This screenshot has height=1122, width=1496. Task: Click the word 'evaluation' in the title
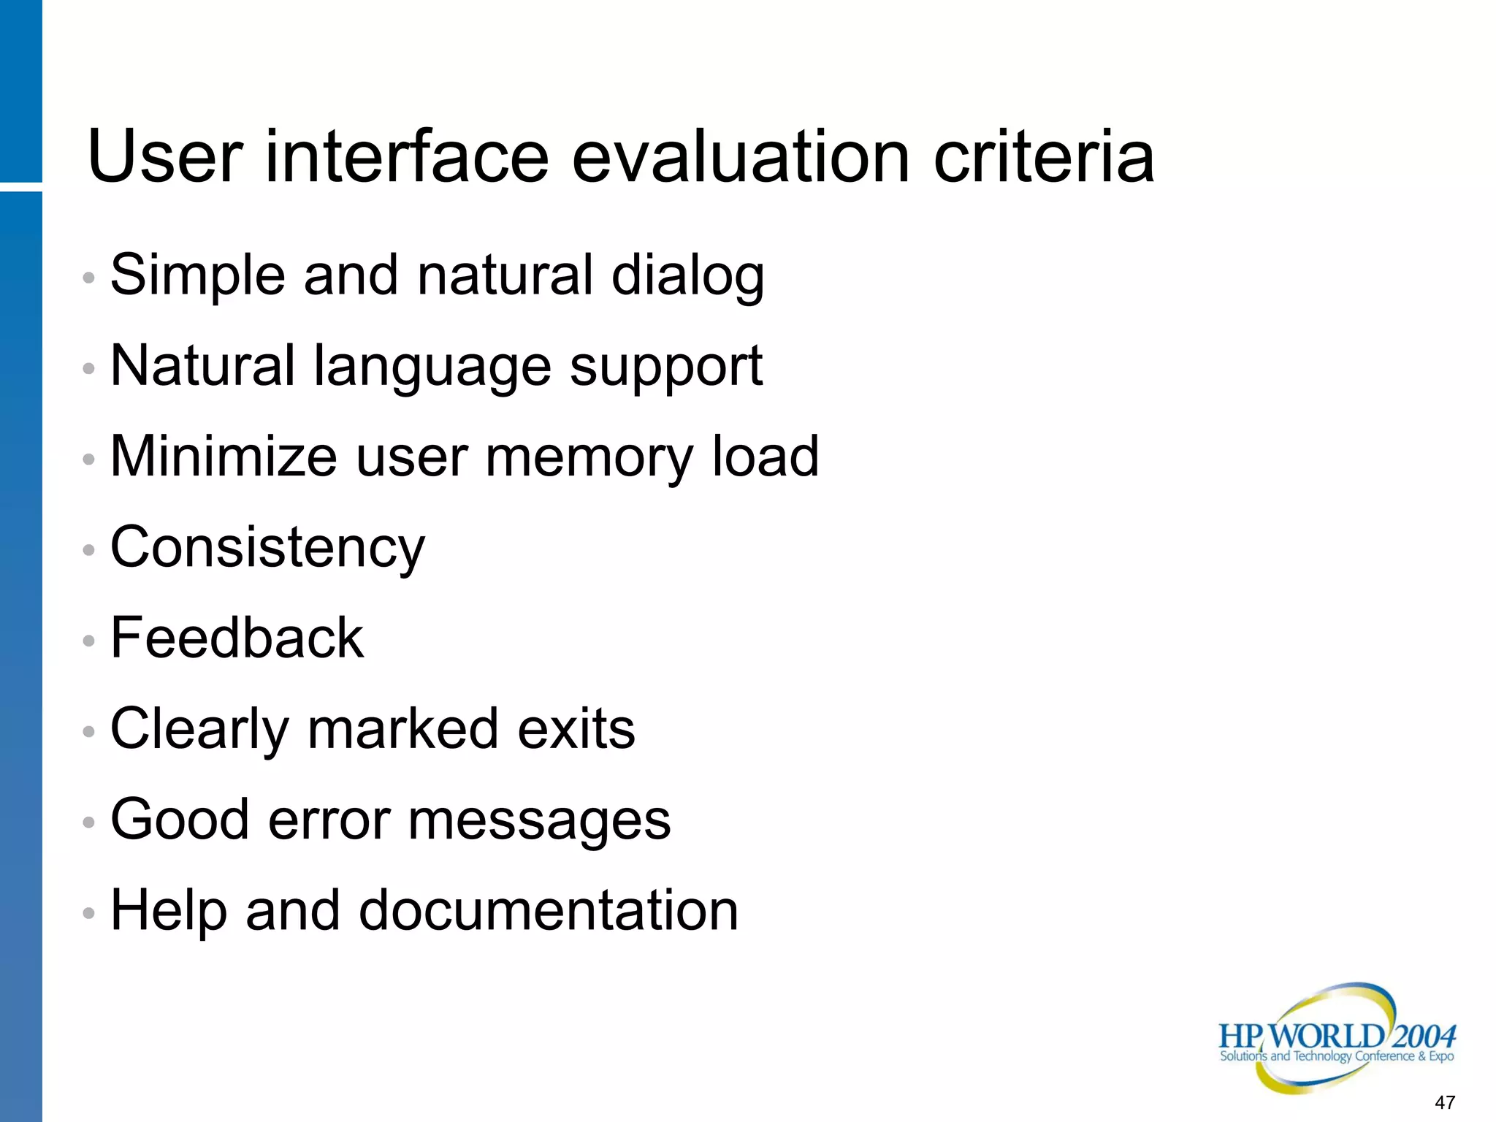(x=740, y=156)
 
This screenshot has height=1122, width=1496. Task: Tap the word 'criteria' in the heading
(x=1045, y=156)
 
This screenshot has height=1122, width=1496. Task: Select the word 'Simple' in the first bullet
(x=197, y=276)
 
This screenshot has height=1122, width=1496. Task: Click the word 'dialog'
(x=687, y=276)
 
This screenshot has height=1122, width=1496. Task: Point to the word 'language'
(x=432, y=367)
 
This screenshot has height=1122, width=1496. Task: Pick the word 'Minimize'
(x=224, y=457)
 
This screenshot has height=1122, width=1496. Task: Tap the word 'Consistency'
(x=267, y=548)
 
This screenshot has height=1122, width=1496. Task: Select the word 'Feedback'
(x=237, y=638)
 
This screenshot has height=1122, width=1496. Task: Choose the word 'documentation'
(x=549, y=910)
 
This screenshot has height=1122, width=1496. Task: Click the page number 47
(x=1445, y=1102)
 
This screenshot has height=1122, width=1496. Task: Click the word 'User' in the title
(x=165, y=156)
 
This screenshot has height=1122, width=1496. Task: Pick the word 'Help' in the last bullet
(x=169, y=912)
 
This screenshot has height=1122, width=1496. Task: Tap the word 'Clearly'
(x=199, y=730)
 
